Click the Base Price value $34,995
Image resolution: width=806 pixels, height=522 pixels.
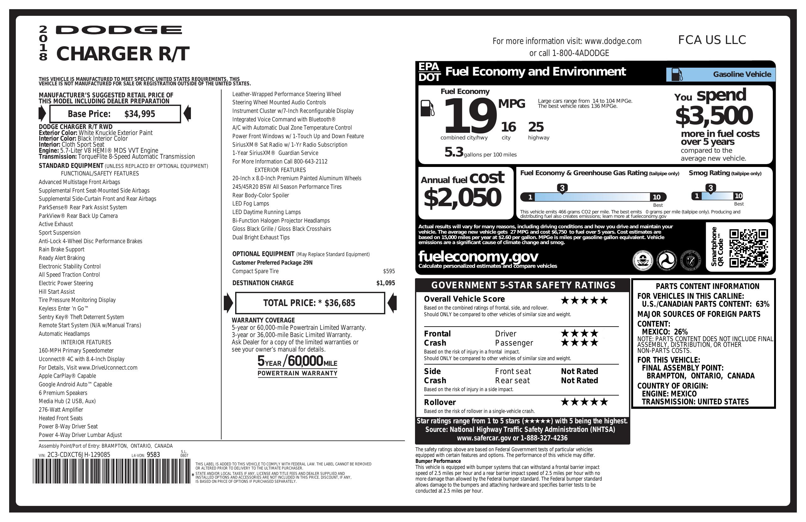tap(139, 114)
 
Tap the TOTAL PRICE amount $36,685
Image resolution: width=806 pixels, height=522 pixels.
tap(340, 303)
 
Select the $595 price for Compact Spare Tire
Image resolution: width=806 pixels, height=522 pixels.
tap(389, 271)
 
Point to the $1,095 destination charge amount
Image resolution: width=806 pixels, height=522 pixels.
tap(385, 283)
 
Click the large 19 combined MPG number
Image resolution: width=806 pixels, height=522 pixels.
tap(469, 116)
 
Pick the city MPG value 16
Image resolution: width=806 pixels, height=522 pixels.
tap(508, 127)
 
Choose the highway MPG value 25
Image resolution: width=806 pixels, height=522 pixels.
tap(536, 127)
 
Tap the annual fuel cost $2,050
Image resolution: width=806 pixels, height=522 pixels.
tap(462, 198)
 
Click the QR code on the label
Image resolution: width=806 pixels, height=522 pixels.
tap(748, 248)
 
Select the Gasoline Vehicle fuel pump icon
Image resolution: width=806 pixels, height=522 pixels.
tap(677, 75)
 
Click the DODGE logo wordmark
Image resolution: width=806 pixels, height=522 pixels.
tap(119, 30)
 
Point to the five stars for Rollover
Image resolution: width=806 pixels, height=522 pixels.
tap(584, 402)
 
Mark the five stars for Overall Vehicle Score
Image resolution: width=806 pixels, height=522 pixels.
tap(584, 300)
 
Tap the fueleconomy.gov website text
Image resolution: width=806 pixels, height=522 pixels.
tap(478, 257)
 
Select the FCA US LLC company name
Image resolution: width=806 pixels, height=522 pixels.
tap(712, 40)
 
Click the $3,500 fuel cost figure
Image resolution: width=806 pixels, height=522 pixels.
tap(714, 116)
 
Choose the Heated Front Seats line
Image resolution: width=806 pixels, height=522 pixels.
tap(61, 418)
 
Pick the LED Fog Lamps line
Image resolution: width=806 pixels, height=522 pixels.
tap(251, 204)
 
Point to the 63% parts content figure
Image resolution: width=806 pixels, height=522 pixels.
tap(762, 304)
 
